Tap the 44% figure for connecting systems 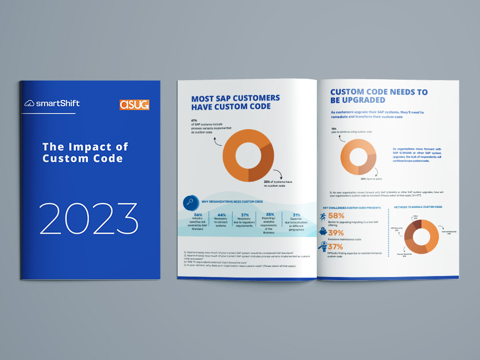pos(222,215)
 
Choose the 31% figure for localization pos(297,214)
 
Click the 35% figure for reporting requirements pos(270,214)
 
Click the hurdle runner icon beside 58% pos(323,217)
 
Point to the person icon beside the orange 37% pos(323,247)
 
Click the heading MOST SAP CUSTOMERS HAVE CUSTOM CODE pos(236,102)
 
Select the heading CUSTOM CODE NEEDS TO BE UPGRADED pos(379,96)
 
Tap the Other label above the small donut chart pos(415,217)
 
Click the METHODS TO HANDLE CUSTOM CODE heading pos(418,207)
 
